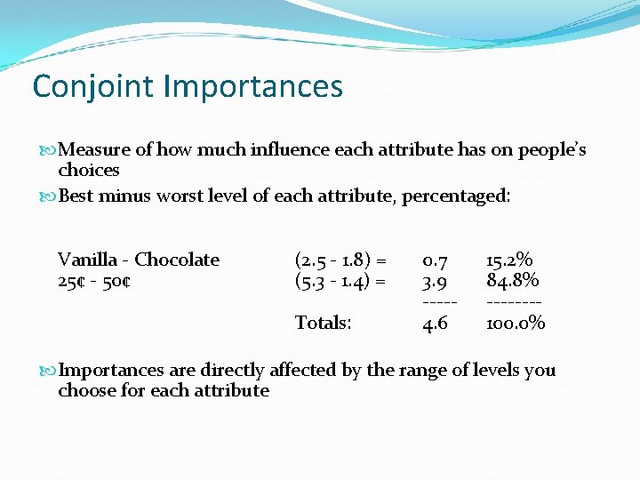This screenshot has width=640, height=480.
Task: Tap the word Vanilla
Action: coord(87,260)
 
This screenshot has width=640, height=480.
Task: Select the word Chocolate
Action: coord(177,260)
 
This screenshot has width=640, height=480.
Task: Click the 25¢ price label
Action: coord(73,281)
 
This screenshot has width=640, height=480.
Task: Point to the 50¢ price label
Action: coord(116,281)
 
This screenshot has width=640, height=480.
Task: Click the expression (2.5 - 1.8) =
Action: coord(340,260)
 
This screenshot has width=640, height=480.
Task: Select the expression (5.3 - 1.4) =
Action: coord(340,281)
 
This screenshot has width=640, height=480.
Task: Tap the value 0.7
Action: coord(435,260)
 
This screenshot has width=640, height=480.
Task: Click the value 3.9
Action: coord(435,281)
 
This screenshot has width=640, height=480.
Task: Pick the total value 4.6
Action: coord(435,323)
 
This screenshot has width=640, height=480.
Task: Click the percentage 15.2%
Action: coord(509,260)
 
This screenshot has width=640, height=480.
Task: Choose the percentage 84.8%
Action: coord(512,281)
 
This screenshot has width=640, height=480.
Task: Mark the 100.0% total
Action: coord(516,323)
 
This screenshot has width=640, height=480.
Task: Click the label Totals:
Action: coord(323,323)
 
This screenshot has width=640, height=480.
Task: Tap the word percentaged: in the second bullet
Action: coord(456,196)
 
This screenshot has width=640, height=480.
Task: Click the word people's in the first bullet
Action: coord(552,150)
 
